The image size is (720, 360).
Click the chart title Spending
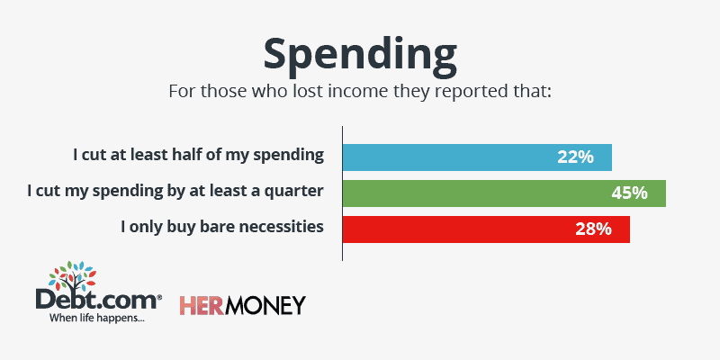[359, 56]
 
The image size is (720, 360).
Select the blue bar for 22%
[478, 157]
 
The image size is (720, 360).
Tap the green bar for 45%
[504, 193]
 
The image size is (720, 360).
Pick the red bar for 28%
[486, 229]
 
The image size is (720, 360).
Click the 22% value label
[575, 157]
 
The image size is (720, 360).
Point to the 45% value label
[629, 193]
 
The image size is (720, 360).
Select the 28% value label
[593, 229]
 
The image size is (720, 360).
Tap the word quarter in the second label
[295, 192]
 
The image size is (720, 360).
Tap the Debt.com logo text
[98, 301]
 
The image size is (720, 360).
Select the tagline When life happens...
[97, 318]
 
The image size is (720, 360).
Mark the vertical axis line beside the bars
[343, 193]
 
